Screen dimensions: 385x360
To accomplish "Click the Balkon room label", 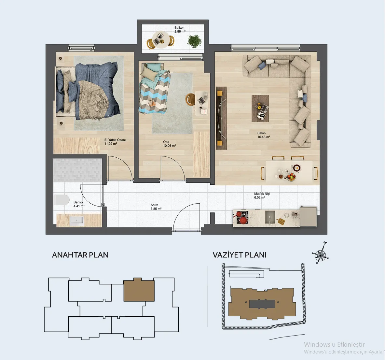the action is tap(180, 30).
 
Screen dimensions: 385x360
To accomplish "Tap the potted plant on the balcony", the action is tap(195, 41).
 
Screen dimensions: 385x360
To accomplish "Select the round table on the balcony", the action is tap(160, 40).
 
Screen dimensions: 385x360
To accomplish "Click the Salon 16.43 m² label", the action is tap(264, 135).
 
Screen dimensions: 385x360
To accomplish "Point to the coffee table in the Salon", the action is tap(260, 108).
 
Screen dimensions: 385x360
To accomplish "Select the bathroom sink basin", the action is tap(77, 221).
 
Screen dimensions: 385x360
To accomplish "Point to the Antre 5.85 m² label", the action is tap(156, 207).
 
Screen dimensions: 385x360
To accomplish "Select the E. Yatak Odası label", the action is tap(115, 142).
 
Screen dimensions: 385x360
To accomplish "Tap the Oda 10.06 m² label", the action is tap(170, 144).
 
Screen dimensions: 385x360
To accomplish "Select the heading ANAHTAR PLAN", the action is tap(80, 255).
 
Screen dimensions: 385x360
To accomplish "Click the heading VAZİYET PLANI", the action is tap(240, 255).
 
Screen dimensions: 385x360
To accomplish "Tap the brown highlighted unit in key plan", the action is tap(139, 290).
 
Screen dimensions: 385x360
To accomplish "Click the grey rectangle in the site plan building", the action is tap(262, 304).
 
